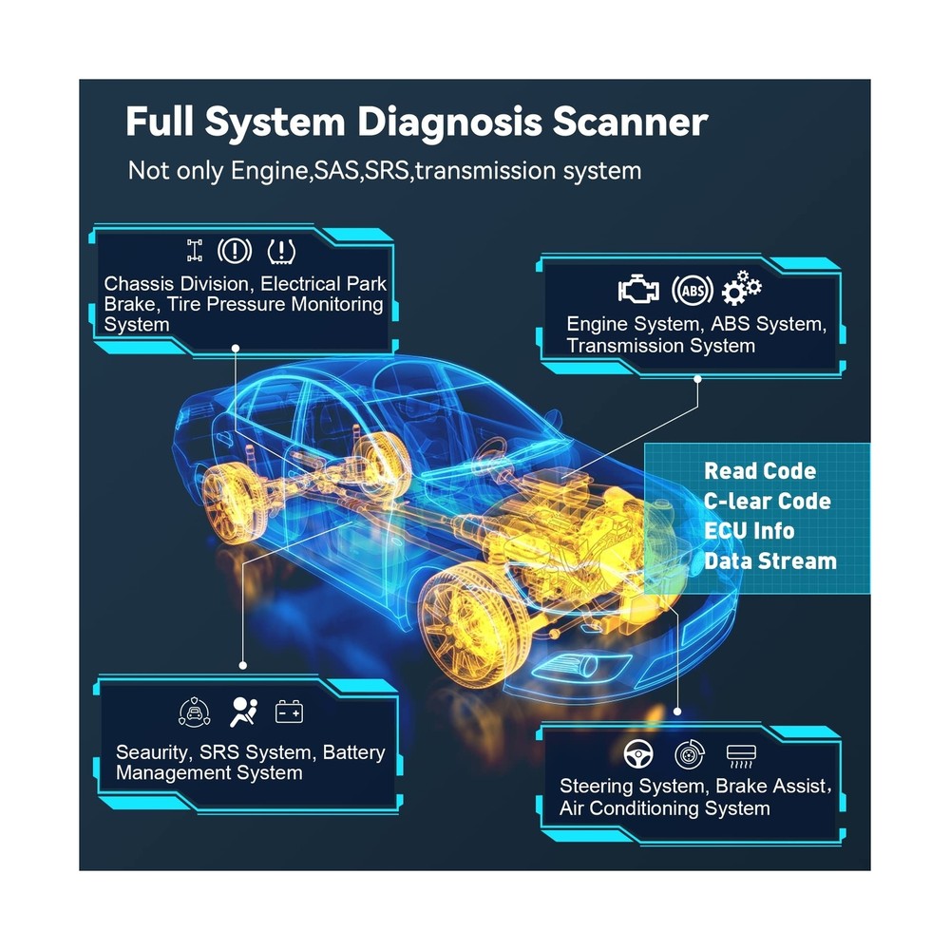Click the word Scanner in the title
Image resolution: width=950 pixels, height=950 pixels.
point(630,122)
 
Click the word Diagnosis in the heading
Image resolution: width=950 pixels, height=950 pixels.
point(449,123)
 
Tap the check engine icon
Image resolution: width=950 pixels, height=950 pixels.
point(638,289)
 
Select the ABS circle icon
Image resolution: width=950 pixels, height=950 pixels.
point(693,290)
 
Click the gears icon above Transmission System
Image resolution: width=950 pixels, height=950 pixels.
point(742,288)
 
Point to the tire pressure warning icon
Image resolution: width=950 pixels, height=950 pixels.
point(281,251)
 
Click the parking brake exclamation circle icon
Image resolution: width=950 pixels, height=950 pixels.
point(235,250)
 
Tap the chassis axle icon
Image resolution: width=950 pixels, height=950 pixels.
point(195,250)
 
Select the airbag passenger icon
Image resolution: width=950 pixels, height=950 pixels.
point(243,712)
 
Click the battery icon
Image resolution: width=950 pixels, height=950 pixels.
point(289,712)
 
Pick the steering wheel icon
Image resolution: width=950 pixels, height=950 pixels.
point(638,754)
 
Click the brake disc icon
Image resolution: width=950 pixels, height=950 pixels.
point(690,754)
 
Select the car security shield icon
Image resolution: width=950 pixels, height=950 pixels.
point(195,712)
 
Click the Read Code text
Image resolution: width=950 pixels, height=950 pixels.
point(760,471)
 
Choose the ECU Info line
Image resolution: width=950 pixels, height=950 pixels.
point(749,531)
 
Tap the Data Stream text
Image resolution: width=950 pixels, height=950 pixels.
point(770,561)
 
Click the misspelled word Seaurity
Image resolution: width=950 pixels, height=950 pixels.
point(152,752)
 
